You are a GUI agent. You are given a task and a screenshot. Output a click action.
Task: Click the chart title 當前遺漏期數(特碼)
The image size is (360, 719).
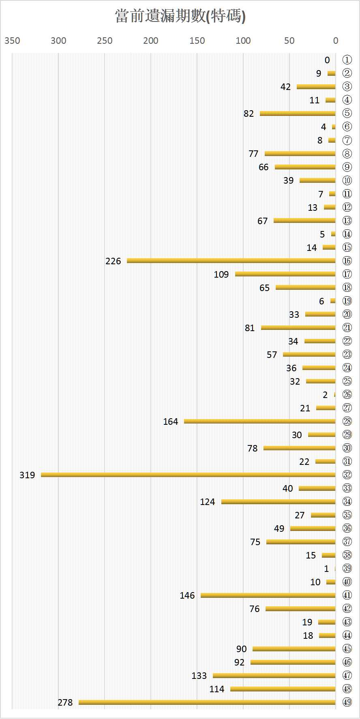(180, 16)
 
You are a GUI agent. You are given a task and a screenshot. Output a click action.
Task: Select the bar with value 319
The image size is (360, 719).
(188, 475)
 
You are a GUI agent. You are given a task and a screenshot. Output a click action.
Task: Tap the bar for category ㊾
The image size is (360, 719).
(207, 702)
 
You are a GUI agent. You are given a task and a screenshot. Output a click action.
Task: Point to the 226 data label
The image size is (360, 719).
(113, 261)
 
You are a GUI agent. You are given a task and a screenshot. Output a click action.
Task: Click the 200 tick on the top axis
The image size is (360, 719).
(151, 41)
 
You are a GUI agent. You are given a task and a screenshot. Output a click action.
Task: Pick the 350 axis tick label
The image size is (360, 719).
(12, 41)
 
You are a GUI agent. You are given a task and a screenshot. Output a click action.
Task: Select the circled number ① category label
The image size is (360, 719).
(347, 60)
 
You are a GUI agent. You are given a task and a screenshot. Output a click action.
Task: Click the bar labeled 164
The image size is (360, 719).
(259, 421)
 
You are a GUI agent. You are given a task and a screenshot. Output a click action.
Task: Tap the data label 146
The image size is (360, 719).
(187, 595)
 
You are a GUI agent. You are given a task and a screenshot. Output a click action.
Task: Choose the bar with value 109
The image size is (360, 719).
(285, 274)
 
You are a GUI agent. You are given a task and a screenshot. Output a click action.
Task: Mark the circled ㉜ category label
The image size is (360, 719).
(347, 475)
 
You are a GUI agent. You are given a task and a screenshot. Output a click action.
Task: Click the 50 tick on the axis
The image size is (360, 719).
(289, 41)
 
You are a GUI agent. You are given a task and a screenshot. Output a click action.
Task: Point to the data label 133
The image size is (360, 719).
(199, 676)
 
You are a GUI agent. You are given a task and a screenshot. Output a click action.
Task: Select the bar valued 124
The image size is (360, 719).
(278, 502)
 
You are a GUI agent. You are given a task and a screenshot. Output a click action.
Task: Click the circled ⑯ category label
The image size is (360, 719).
(347, 261)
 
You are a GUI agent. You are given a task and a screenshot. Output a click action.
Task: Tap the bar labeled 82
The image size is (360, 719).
(298, 113)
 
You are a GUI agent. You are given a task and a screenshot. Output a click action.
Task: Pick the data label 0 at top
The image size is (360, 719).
(327, 60)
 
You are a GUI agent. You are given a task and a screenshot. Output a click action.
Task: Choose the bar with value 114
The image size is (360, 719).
(283, 689)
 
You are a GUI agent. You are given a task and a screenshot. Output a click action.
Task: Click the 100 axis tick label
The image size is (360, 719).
(243, 41)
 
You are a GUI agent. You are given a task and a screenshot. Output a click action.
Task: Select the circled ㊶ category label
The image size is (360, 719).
(347, 595)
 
